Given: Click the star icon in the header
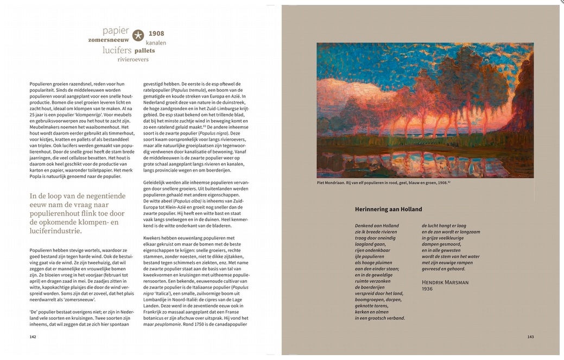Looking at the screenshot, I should (x=138, y=36).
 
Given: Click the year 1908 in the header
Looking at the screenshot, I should (x=156, y=34).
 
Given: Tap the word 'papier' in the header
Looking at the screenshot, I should (x=116, y=30).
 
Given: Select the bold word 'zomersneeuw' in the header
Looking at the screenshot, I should (x=109, y=40).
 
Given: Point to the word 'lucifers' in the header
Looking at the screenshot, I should (x=117, y=50).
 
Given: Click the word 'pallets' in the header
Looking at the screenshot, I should (x=144, y=50).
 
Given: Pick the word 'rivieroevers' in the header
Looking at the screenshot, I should (x=133, y=59).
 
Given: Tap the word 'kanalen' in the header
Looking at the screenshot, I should (x=156, y=42).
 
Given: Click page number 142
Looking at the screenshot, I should (x=33, y=337).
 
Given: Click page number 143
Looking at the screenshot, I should (x=530, y=337).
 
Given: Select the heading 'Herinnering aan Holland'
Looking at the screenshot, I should (x=388, y=209).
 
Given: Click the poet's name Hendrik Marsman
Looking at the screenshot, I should (x=445, y=282).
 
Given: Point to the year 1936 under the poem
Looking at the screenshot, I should (x=428, y=289).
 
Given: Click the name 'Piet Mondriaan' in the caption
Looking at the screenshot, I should (x=334, y=183).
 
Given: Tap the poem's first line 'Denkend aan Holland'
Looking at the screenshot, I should (x=377, y=225).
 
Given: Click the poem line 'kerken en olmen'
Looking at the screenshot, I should (x=373, y=312).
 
